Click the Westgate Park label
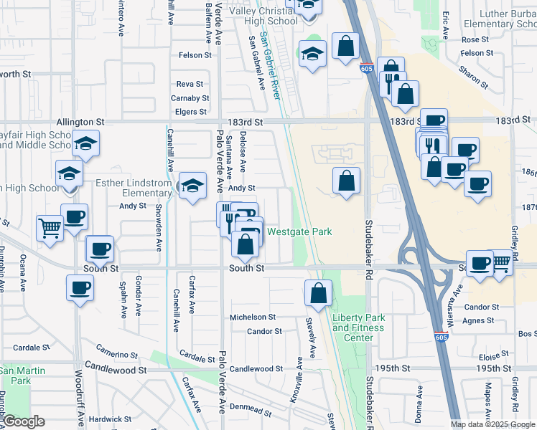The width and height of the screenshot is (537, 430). pyautogui.click(x=300, y=231)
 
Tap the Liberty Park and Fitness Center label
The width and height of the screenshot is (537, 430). pyautogui.click(x=358, y=328)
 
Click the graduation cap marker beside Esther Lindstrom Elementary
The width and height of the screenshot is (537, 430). pyautogui.click(x=192, y=186)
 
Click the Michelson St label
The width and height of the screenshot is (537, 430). pyautogui.click(x=252, y=317)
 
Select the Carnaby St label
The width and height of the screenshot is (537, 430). pyautogui.click(x=190, y=98)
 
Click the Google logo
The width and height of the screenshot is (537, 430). pyautogui.click(x=24, y=421)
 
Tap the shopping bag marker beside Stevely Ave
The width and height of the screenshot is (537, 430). pyautogui.click(x=318, y=292)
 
